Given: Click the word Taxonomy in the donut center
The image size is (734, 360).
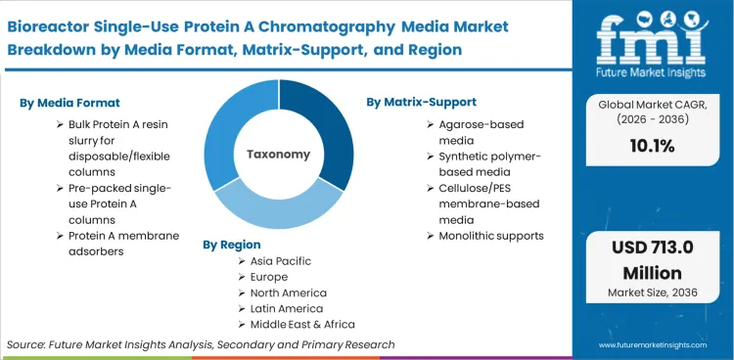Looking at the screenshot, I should click(x=278, y=154).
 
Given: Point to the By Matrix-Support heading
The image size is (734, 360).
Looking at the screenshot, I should click(x=422, y=101).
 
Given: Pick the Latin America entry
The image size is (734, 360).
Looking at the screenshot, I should click(x=288, y=308).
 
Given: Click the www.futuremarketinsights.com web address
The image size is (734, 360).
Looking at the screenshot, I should click(x=650, y=345).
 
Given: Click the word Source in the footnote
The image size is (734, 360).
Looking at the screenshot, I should click(x=27, y=344).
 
